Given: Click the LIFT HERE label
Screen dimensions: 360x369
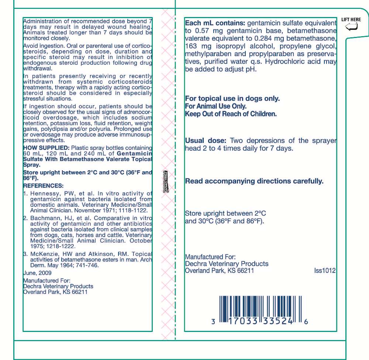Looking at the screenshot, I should pyautogui.click(x=351, y=20).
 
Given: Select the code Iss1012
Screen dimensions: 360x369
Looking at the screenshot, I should pyautogui.click(x=325, y=271).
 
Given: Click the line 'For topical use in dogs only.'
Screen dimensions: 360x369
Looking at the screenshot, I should pyautogui.click(x=232, y=99).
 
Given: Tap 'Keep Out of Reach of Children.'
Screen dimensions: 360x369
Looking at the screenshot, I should pyautogui.click(x=231, y=114).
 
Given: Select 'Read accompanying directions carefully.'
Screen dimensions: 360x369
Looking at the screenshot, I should pyautogui.click(x=254, y=181).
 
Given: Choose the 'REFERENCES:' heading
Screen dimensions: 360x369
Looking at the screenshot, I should pyautogui.click(x=43, y=186).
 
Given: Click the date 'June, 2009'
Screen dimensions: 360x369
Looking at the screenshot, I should pyautogui.click(x=37, y=273).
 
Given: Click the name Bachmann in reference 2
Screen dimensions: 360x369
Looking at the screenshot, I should pyautogui.click(x=44, y=218).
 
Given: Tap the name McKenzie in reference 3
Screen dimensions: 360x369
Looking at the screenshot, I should pyautogui.click(x=44, y=254).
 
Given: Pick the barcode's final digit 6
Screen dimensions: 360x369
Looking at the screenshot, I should pyautogui.click(x=306, y=322).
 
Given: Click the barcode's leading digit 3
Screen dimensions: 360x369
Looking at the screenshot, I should pyautogui.click(x=213, y=322).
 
